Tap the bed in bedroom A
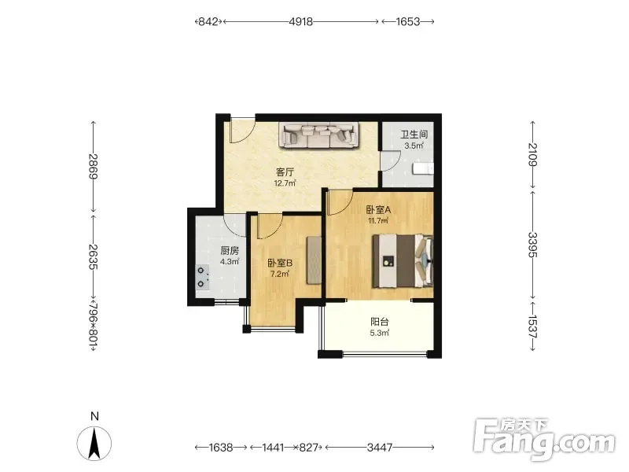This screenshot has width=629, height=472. [403, 261]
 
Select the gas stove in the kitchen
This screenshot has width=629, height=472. [203, 277]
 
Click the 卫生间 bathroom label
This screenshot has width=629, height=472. [414, 134]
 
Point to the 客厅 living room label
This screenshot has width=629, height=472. [285, 172]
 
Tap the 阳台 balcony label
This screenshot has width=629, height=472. [380, 322]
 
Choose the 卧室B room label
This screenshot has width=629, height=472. [280, 263]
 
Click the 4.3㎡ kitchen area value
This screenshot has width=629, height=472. [230, 262]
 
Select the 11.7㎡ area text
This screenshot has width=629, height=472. [378, 220]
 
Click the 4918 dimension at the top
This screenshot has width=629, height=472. [301, 21]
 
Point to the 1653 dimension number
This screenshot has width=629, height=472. [408, 21]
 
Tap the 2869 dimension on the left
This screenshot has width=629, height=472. [93, 166]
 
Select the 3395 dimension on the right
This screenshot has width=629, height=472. [532, 245]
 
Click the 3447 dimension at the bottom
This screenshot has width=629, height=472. [380, 447]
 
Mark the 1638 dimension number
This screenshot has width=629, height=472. [221, 447]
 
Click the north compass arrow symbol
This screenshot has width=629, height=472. [94, 444]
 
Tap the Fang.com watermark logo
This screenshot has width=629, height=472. [544, 440]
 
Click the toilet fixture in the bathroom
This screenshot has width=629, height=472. [423, 168]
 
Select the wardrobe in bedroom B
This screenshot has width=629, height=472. [314, 260]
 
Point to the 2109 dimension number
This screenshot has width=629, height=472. [532, 154]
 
